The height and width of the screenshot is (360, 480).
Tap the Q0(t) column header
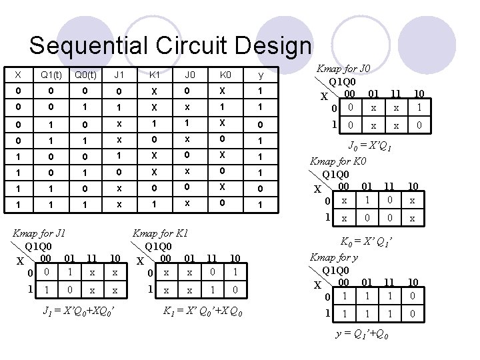(x=84, y=73)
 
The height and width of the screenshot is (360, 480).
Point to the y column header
(x=261, y=73)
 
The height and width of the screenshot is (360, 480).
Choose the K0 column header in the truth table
(x=225, y=73)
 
